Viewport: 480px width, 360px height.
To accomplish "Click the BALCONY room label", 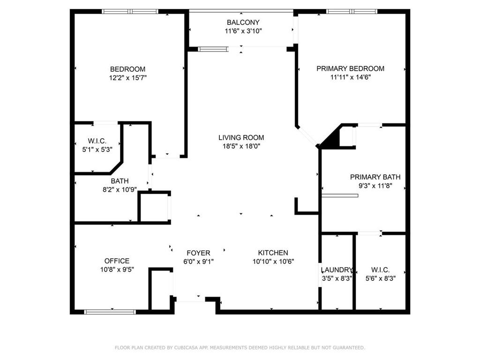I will (x=243, y=22).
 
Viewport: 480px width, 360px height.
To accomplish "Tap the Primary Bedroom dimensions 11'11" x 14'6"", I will (x=350, y=77).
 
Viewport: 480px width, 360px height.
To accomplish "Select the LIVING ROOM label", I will (x=241, y=137).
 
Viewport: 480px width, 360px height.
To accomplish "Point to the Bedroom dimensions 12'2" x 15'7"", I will (x=127, y=78).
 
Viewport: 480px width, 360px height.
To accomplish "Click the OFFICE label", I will (x=117, y=261).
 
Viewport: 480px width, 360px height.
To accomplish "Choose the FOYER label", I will (x=198, y=253).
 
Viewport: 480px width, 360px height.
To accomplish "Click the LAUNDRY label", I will (x=337, y=270).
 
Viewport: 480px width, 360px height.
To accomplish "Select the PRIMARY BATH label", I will (x=375, y=177).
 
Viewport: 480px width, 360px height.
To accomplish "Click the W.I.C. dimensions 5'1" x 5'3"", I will (x=97, y=150).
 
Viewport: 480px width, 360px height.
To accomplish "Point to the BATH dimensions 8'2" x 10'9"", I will (x=120, y=190).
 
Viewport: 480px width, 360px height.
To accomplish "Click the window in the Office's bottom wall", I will (x=110, y=311).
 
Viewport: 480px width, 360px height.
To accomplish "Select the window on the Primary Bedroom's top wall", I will (x=351, y=11).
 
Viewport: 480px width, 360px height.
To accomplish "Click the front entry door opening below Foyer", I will (x=190, y=299).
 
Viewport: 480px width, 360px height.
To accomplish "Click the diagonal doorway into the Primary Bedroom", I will (x=307, y=136).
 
